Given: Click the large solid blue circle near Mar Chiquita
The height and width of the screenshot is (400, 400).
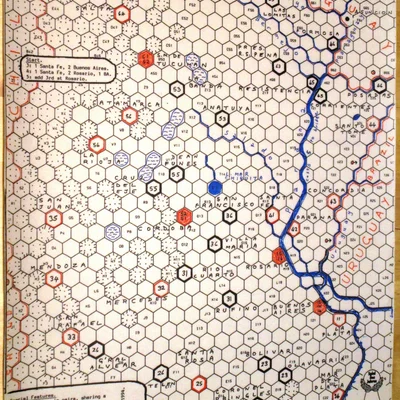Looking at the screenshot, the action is (x=214, y=187).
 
